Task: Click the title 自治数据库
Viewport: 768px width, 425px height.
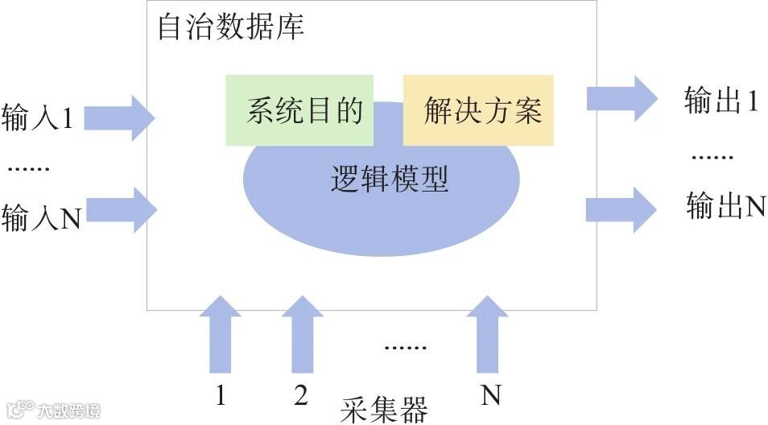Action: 230,28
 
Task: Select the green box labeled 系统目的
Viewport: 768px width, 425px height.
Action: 299,110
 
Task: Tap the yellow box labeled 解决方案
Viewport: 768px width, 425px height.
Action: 478,110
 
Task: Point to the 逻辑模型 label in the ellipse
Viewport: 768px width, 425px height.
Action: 389,179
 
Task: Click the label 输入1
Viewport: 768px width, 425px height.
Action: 38,118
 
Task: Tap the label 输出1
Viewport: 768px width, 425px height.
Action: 721,101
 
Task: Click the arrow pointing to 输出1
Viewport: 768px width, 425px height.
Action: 621,97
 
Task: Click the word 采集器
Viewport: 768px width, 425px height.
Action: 383,408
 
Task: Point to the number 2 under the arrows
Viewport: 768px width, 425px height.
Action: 301,395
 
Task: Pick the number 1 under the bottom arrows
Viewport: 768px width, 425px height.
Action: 220,395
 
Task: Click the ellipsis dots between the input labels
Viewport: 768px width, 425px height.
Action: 29,169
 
